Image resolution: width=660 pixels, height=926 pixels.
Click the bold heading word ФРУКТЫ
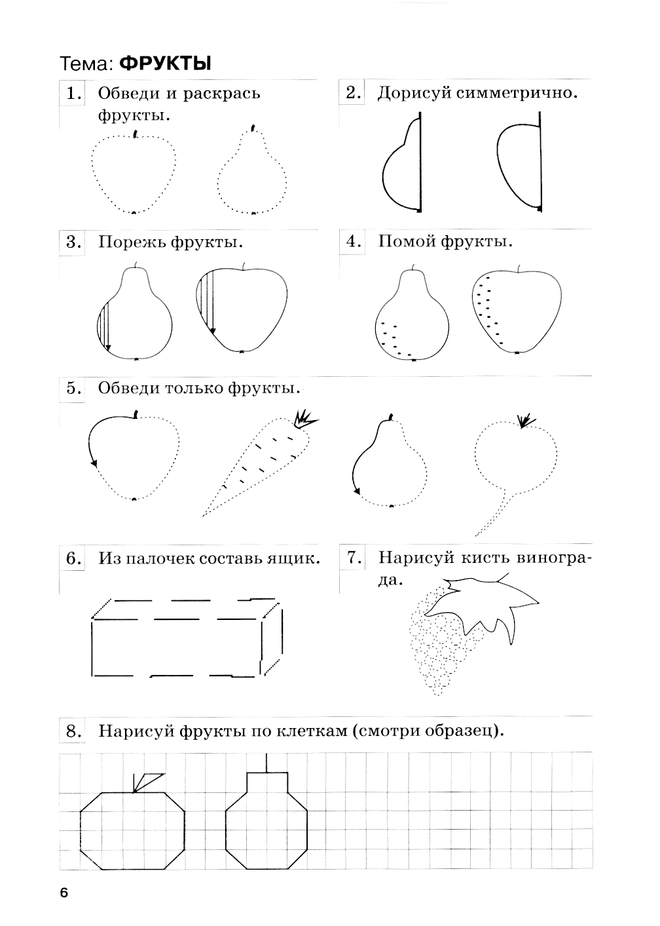click(x=165, y=64)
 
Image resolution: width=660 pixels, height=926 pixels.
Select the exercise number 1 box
click(x=72, y=94)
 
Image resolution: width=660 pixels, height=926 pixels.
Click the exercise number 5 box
click(x=72, y=389)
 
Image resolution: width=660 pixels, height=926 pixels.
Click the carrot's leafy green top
click(x=304, y=419)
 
